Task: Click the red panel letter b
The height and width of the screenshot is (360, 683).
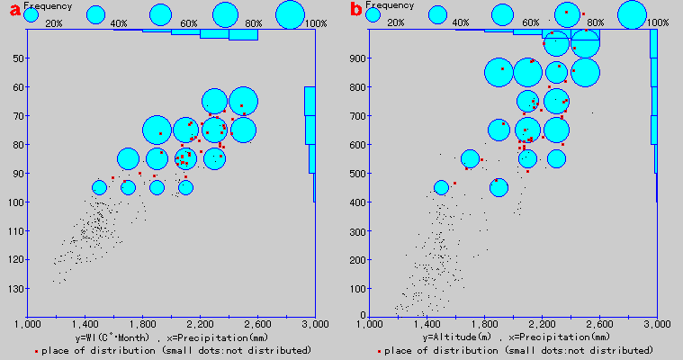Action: tap(356, 12)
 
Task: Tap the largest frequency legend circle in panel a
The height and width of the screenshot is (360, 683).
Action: tap(290, 14)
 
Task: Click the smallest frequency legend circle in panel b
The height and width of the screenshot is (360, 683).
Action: tap(373, 14)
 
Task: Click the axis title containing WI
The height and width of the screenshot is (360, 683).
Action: tap(171, 337)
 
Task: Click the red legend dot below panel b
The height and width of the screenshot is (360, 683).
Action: tap(379, 349)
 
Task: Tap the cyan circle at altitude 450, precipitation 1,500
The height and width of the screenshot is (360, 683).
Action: tap(441, 187)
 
